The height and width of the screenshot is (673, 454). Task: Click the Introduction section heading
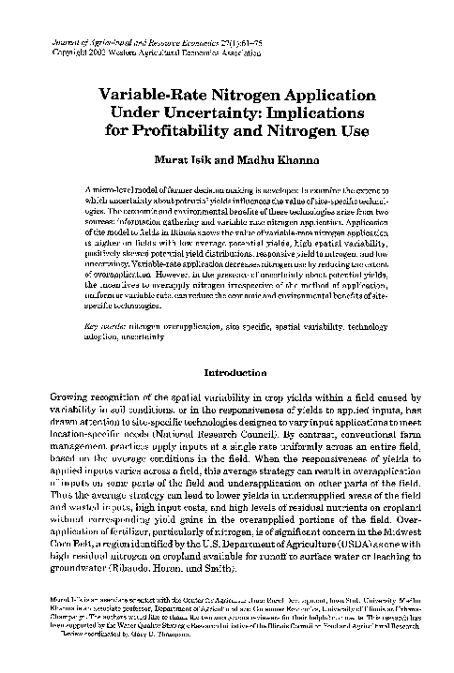pyautogui.click(x=227, y=370)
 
